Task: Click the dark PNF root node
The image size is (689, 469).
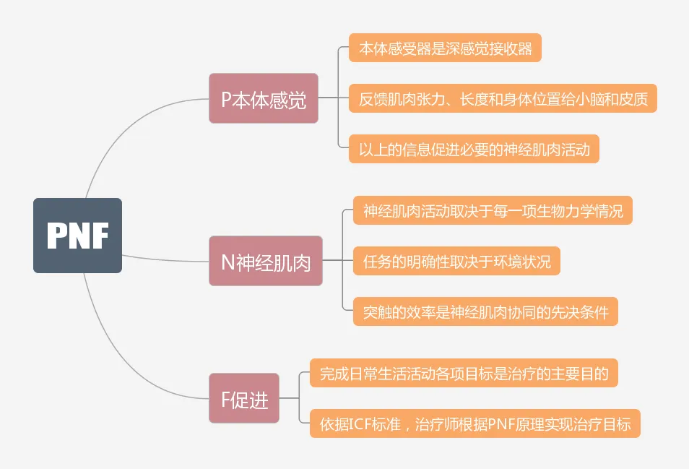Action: [77, 236]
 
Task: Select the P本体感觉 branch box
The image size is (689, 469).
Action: [264, 98]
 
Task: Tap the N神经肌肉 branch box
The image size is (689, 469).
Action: [266, 261]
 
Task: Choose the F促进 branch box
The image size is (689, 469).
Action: [244, 398]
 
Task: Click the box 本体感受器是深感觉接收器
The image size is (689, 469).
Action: [445, 49]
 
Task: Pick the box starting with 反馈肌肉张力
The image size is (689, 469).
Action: [503, 98]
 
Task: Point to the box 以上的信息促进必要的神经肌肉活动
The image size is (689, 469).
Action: [474, 150]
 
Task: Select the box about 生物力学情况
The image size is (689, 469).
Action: [493, 211]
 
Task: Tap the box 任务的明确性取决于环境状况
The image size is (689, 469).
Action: [456, 261]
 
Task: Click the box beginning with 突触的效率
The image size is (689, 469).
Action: [485, 312]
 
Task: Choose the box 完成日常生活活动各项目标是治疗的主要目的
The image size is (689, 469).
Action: [464, 374]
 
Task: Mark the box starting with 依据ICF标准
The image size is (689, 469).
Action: [475, 424]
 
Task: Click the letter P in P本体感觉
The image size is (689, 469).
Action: [226, 99]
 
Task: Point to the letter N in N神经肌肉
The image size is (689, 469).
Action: [227, 262]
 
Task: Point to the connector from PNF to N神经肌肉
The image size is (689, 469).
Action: [166, 259]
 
